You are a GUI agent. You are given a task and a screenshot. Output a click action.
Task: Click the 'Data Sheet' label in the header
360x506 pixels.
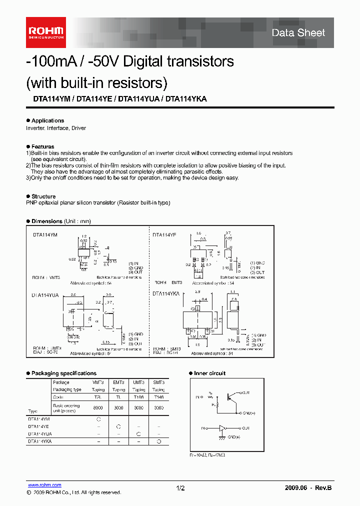pos(298,33)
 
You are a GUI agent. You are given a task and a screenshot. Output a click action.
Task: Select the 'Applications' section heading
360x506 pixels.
pos(47,120)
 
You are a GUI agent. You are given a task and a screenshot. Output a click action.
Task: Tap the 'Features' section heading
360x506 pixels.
pos(42,147)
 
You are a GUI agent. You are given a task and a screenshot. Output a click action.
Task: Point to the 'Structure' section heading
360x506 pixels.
pos(43,196)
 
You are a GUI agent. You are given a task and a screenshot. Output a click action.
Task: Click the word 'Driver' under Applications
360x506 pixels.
pos(78,128)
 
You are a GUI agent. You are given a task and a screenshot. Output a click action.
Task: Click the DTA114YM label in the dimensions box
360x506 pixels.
pos(45,234)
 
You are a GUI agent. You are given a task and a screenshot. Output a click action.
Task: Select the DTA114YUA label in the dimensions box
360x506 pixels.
pos(46,295)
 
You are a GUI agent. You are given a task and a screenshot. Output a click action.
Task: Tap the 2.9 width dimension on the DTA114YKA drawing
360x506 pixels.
pos(197,291)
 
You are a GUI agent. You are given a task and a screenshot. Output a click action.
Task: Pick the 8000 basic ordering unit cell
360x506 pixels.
pos(98,407)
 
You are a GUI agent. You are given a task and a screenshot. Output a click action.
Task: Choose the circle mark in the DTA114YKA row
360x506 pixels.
pos(158,441)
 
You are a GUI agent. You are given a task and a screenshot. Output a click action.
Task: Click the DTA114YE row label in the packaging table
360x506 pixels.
pos(39,426)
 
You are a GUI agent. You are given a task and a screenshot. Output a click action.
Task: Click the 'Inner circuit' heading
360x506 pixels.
pos(209,373)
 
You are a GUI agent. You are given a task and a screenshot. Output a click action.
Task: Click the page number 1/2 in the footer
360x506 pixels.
pos(180,487)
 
